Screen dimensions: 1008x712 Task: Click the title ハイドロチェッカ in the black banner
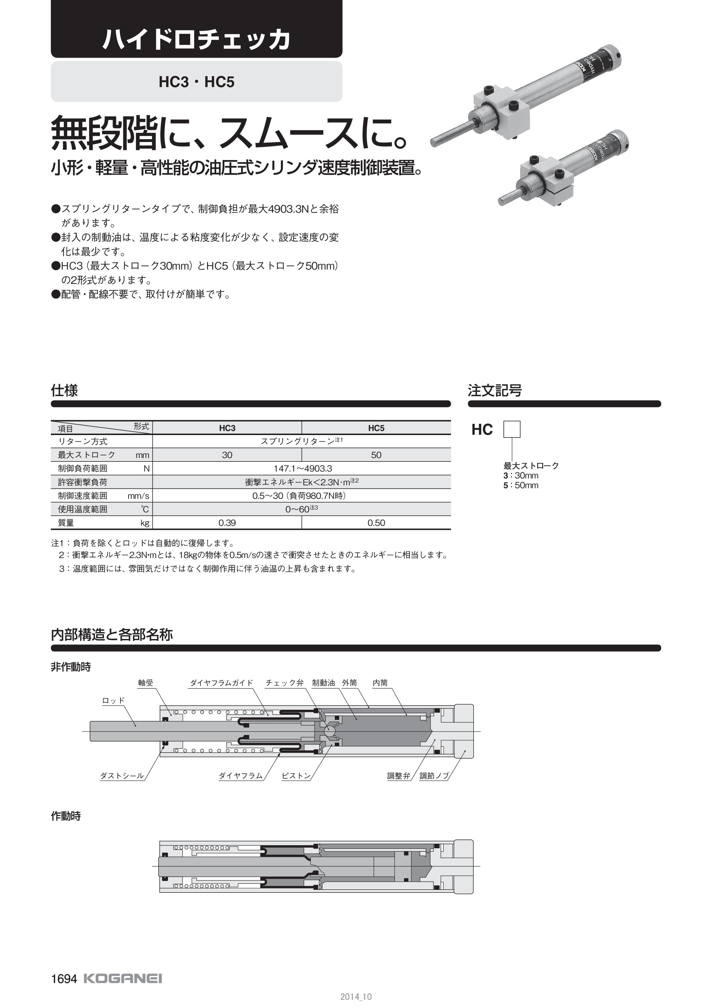196,40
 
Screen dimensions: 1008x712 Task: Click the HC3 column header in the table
227,428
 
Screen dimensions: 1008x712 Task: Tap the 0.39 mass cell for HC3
227,523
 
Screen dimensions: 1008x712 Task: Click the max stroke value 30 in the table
227,455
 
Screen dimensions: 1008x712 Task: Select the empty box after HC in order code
512,429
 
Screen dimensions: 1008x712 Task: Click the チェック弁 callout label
284,683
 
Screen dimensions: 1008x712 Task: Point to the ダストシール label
122,776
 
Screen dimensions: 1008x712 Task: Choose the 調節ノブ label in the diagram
434,776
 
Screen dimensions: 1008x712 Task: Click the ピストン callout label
296,776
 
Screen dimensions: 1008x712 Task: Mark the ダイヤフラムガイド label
221,683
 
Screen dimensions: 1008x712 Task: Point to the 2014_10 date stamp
356,997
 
